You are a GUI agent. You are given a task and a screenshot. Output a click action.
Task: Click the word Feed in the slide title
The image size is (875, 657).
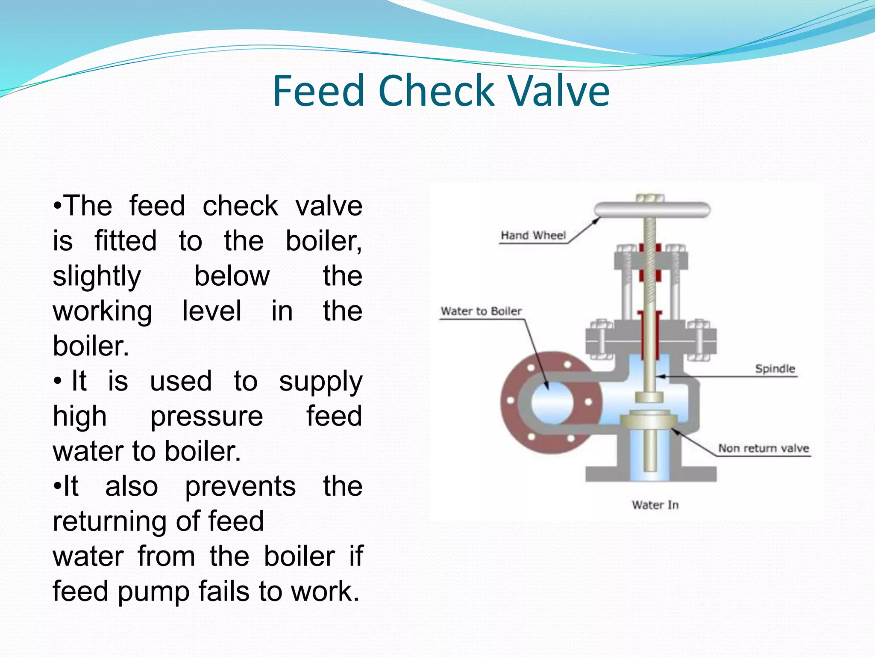[318, 91]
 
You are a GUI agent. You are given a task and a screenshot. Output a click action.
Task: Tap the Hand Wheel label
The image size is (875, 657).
[533, 235]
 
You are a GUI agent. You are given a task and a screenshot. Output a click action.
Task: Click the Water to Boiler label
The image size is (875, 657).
[481, 311]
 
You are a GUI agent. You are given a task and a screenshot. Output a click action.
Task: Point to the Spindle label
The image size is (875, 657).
[775, 369]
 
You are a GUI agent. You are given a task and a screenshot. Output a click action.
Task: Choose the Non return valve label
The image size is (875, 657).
[763, 448]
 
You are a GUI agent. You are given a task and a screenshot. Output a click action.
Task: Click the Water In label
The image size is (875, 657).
[655, 505]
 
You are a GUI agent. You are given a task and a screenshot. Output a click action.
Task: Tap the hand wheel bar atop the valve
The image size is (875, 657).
[652, 210]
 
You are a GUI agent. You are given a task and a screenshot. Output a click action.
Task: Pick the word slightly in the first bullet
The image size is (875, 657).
[97, 276]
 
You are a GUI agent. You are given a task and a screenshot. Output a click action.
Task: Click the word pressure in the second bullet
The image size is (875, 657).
[207, 416]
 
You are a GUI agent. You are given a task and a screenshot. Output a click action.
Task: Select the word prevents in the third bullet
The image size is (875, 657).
[240, 486]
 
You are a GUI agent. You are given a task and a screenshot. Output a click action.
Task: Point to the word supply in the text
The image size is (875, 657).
[320, 382]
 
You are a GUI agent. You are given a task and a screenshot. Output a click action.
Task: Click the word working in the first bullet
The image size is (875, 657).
[102, 311]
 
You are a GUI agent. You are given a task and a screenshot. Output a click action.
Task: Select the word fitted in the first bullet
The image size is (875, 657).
[126, 241]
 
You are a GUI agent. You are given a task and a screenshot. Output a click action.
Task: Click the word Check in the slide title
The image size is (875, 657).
[436, 91]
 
